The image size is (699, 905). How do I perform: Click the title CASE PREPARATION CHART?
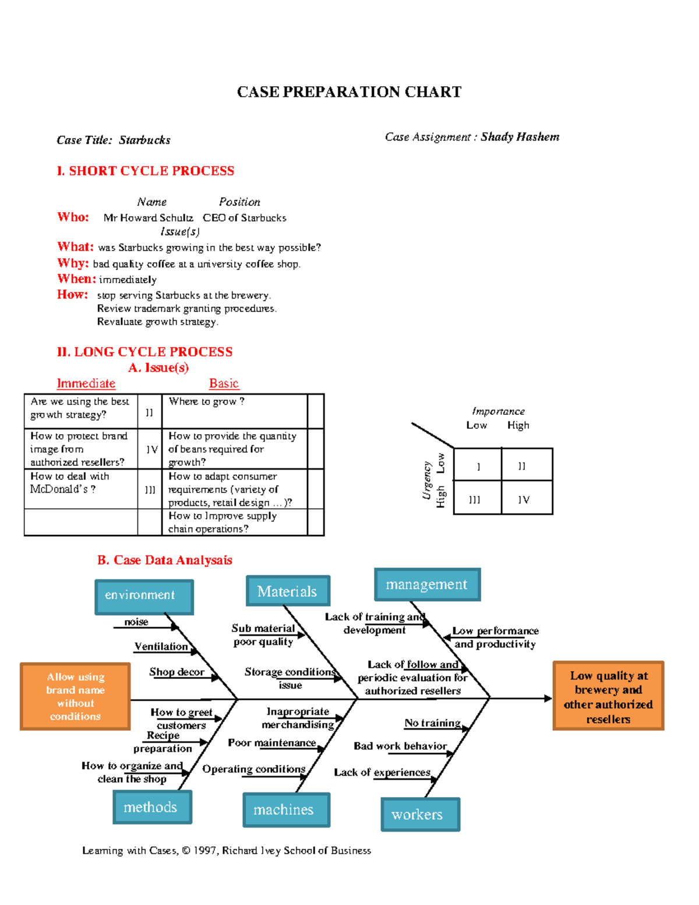349,92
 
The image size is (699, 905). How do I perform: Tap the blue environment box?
144,596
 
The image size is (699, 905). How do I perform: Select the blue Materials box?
288,591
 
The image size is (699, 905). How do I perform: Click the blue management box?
427,584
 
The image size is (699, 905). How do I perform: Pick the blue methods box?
151,807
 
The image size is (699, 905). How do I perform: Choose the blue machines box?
285,809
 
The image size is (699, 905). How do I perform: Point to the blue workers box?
420,814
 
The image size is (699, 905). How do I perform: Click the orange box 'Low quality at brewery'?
608,696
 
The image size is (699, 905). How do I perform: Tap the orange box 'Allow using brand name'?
75,696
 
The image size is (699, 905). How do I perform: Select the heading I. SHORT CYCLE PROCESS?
146,171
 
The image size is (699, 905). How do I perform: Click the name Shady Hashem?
520,137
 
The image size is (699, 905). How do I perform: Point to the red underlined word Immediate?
86,383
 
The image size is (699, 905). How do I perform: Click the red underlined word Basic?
224,383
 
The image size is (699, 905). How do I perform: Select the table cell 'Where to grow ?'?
234,411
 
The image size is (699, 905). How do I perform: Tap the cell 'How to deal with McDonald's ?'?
80,488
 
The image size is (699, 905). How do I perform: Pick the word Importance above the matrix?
498,411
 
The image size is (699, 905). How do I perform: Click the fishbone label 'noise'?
136,622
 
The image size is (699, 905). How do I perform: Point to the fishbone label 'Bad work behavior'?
400,746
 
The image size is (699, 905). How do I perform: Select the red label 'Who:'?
73,217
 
